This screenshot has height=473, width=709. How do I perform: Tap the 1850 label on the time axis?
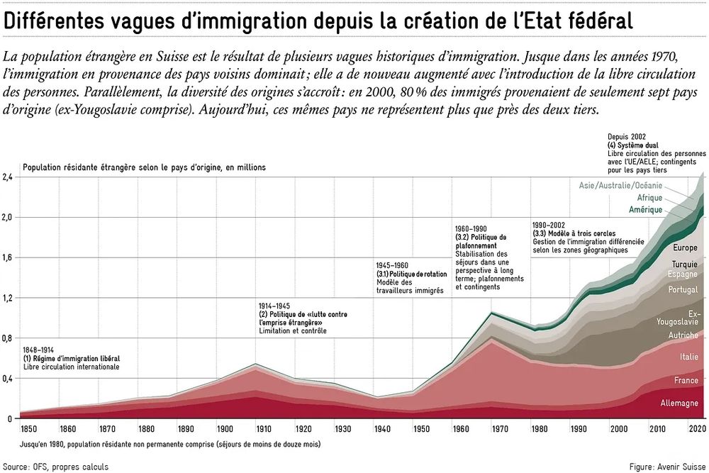[x=29, y=429]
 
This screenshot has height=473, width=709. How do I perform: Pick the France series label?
[x=686, y=381]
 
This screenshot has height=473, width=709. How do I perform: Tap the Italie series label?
[x=688, y=357]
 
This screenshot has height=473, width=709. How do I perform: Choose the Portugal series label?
[x=683, y=290]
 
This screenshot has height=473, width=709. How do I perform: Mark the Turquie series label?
[x=684, y=265]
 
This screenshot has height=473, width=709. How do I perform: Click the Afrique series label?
[x=649, y=198]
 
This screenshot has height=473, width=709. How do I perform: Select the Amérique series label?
[x=645, y=210]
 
